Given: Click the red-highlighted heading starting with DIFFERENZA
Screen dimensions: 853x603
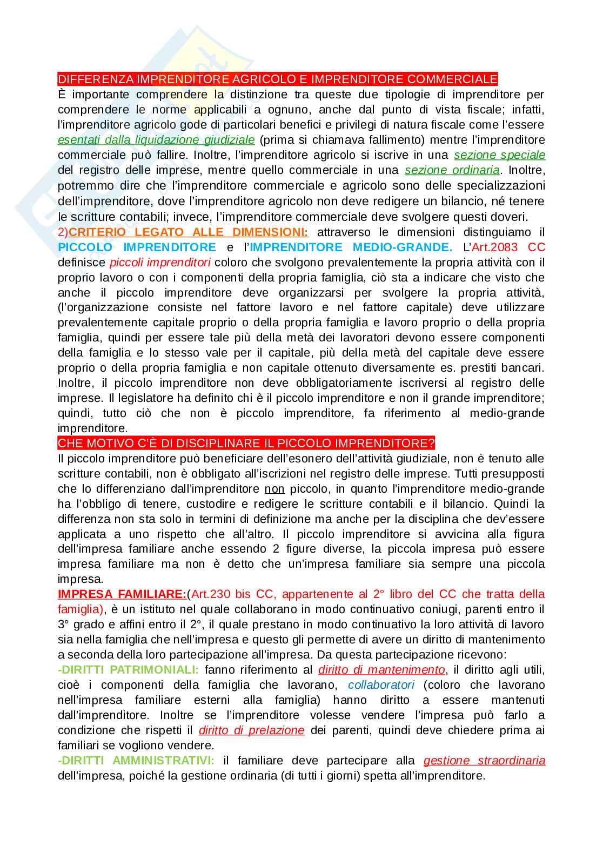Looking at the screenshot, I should pyautogui.click(x=277, y=79).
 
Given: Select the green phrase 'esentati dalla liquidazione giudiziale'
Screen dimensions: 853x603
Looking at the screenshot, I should pyautogui.click(x=156, y=140).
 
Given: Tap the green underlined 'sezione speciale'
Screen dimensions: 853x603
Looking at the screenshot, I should pyautogui.click(x=499, y=155).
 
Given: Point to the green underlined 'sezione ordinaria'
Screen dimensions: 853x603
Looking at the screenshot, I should pyautogui.click(x=452, y=170).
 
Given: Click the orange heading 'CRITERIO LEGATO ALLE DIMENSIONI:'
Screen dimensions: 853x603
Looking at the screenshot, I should pyautogui.click(x=189, y=232).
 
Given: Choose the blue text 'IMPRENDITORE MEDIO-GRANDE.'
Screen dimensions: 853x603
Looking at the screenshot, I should pyautogui.click(x=351, y=247).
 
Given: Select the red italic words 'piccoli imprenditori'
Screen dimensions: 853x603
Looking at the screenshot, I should pyautogui.click(x=160, y=263).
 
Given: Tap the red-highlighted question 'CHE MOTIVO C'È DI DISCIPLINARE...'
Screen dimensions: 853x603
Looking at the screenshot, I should pyautogui.click(x=246, y=444).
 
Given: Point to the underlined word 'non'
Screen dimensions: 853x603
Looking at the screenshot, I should pyautogui.click(x=274, y=489).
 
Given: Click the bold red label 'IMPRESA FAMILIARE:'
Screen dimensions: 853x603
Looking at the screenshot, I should pyautogui.click(x=122, y=594).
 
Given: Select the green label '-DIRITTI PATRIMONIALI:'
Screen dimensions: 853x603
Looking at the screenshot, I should pyautogui.click(x=128, y=670).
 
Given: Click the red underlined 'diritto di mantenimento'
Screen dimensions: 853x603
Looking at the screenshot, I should pyautogui.click(x=381, y=670).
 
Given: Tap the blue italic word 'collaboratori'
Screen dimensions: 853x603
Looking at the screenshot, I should pyautogui.click(x=381, y=685).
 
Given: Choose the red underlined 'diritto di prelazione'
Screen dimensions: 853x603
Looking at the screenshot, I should pyautogui.click(x=251, y=730).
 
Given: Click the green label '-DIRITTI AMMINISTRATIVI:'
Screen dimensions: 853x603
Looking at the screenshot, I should pyautogui.click(x=136, y=761).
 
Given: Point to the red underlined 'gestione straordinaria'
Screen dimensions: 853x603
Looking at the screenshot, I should pyautogui.click(x=484, y=761).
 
